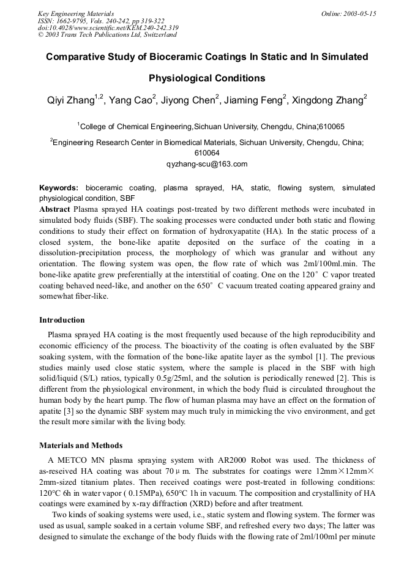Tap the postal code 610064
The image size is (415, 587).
tap(207, 153)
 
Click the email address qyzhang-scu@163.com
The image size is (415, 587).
tap(207, 164)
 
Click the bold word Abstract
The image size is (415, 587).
tap(55, 209)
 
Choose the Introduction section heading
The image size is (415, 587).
tap(62, 320)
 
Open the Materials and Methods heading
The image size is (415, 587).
tap(81, 446)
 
